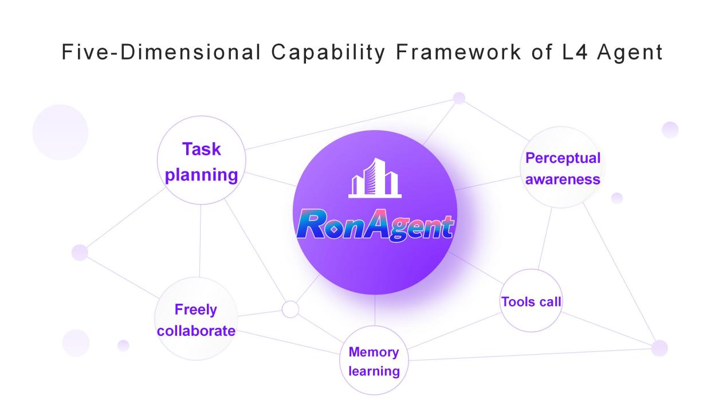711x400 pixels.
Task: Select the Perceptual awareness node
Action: [x=563, y=168]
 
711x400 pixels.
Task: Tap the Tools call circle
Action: [x=531, y=301]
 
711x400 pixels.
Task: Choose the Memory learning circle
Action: [x=374, y=360]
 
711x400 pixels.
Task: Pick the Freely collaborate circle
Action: [x=195, y=320]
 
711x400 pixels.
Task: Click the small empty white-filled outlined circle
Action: [x=290, y=309]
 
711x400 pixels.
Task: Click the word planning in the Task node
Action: [x=201, y=174]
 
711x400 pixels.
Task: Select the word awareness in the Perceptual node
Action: [x=563, y=179]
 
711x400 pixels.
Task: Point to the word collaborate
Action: [x=196, y=331]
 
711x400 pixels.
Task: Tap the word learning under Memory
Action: [x=374, y=370]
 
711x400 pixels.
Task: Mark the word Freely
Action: [x=196, y=310]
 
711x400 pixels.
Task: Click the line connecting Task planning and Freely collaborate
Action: [x=200, y=241]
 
